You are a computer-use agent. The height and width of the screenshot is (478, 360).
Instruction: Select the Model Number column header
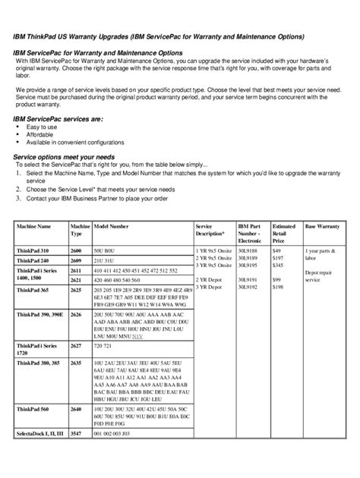pos(112,227)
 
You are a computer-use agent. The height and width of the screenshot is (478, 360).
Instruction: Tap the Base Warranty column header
pos(322,227)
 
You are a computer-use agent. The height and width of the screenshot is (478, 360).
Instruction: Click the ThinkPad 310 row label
pos(33,250)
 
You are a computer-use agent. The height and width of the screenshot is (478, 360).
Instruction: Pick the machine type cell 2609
pos(76,260)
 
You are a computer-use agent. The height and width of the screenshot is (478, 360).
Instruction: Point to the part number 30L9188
pos(248,250)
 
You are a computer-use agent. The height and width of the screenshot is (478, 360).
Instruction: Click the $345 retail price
pos(278,266)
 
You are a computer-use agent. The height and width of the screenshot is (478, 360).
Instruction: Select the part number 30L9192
pos(248,288)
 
